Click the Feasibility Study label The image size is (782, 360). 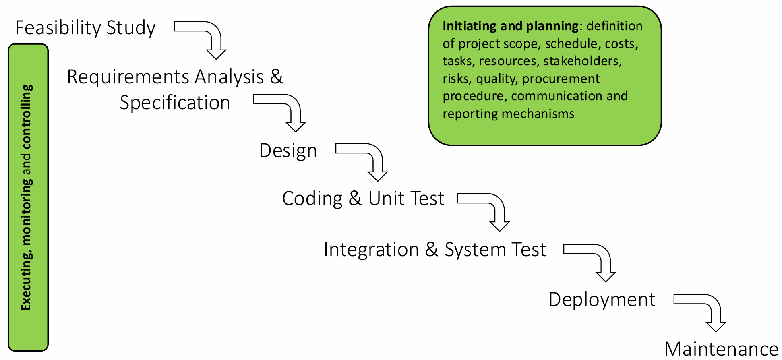(x=85, y=28)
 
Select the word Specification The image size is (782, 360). (x=175, y=103)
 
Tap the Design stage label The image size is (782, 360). (x=288, y=151)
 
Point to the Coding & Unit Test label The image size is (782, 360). (x=363, y=199)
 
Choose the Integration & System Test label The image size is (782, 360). (x=435, y=250)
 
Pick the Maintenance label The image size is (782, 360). (x=721, y=349)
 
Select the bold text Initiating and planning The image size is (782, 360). (x=510, y=26)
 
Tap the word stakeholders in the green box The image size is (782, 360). (x=582, y=61)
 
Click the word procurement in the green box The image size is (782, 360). (x=561, y=79)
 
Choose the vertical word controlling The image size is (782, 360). (x=27, y=116)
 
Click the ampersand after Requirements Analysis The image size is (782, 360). (x=277, y=77)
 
